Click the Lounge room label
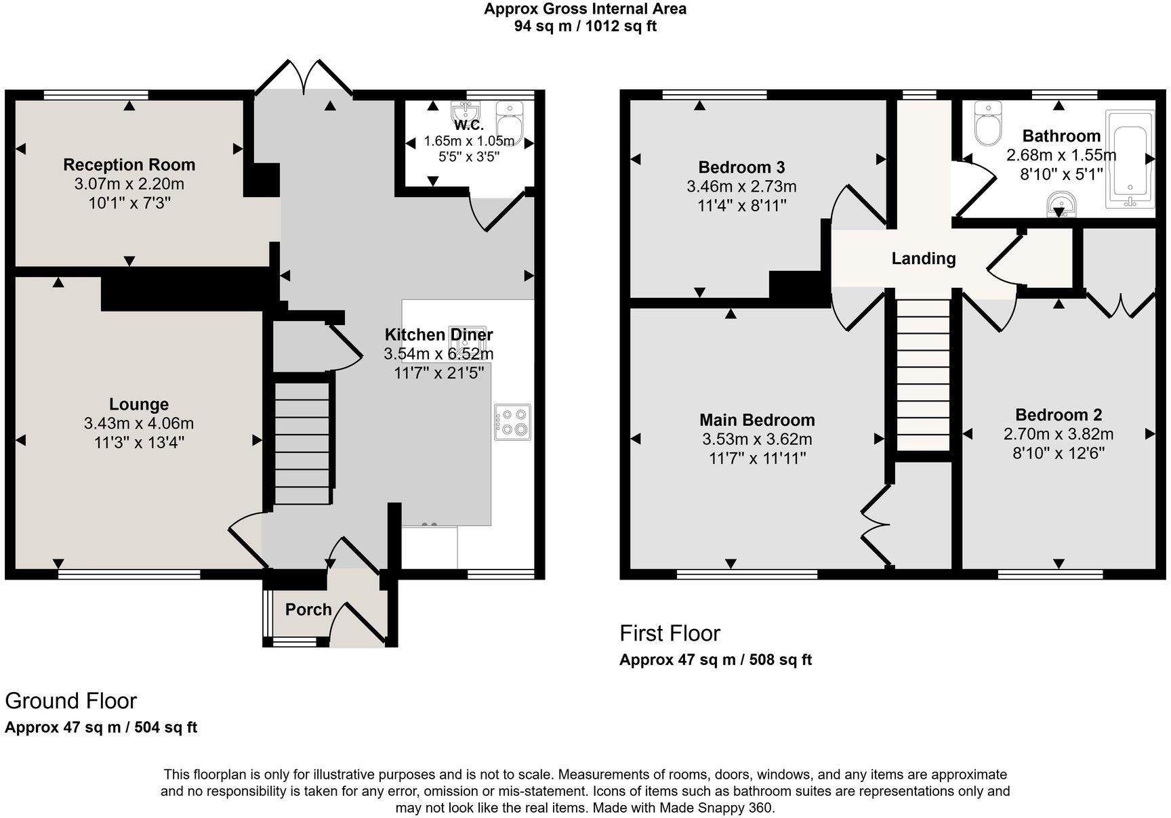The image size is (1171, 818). pos(139,404)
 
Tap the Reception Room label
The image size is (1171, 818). pos(129,165)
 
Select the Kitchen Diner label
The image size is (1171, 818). pos(438,335)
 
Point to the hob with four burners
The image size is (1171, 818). pos(512,422)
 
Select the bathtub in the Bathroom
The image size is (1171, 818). pos(1129,159)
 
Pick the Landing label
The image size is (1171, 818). pos(924,258)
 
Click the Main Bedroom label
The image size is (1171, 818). pos(757,420)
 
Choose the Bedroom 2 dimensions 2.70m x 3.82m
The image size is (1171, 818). pos(1059,434)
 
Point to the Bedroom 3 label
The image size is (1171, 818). pos(741,167)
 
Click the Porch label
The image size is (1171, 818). pos(308,609)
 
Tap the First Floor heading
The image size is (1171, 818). pos(670,633)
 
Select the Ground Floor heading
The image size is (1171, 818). pos(71,701)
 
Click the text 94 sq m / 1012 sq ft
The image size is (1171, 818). pos(585,26)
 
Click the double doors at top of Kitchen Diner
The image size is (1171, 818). pos(304,77)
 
